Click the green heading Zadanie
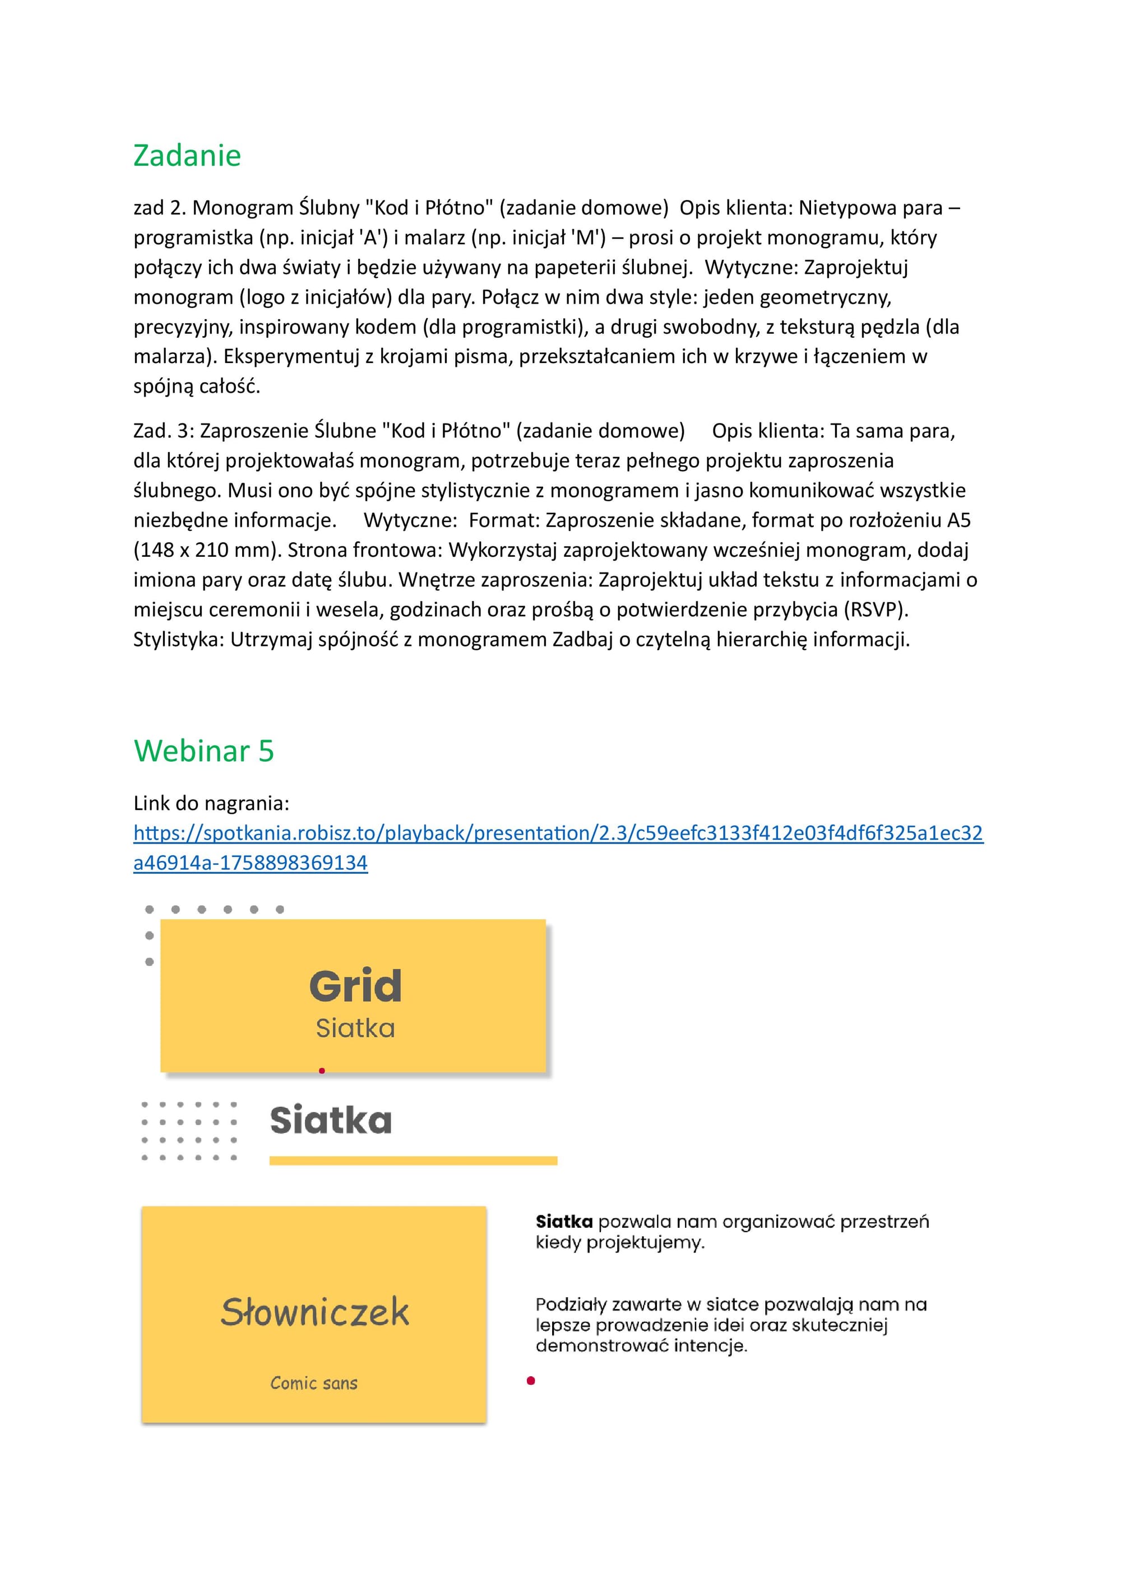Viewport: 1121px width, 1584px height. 187,156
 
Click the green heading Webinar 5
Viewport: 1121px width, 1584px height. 203,751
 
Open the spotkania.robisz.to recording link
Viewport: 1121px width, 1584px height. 558,833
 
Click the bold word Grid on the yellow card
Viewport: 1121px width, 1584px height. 355,986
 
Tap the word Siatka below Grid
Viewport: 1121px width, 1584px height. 355,1028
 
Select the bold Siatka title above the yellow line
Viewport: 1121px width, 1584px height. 331,1120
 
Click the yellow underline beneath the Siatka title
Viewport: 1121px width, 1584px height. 413,1161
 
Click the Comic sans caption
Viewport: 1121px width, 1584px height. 314,1383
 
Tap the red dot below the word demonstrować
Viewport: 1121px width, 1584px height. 531,1381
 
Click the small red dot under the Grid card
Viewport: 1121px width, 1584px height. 322,1071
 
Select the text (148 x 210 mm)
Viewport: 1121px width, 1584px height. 207,551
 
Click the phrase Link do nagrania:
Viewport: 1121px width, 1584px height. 211,804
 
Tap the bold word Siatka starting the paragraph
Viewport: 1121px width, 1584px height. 564,1222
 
